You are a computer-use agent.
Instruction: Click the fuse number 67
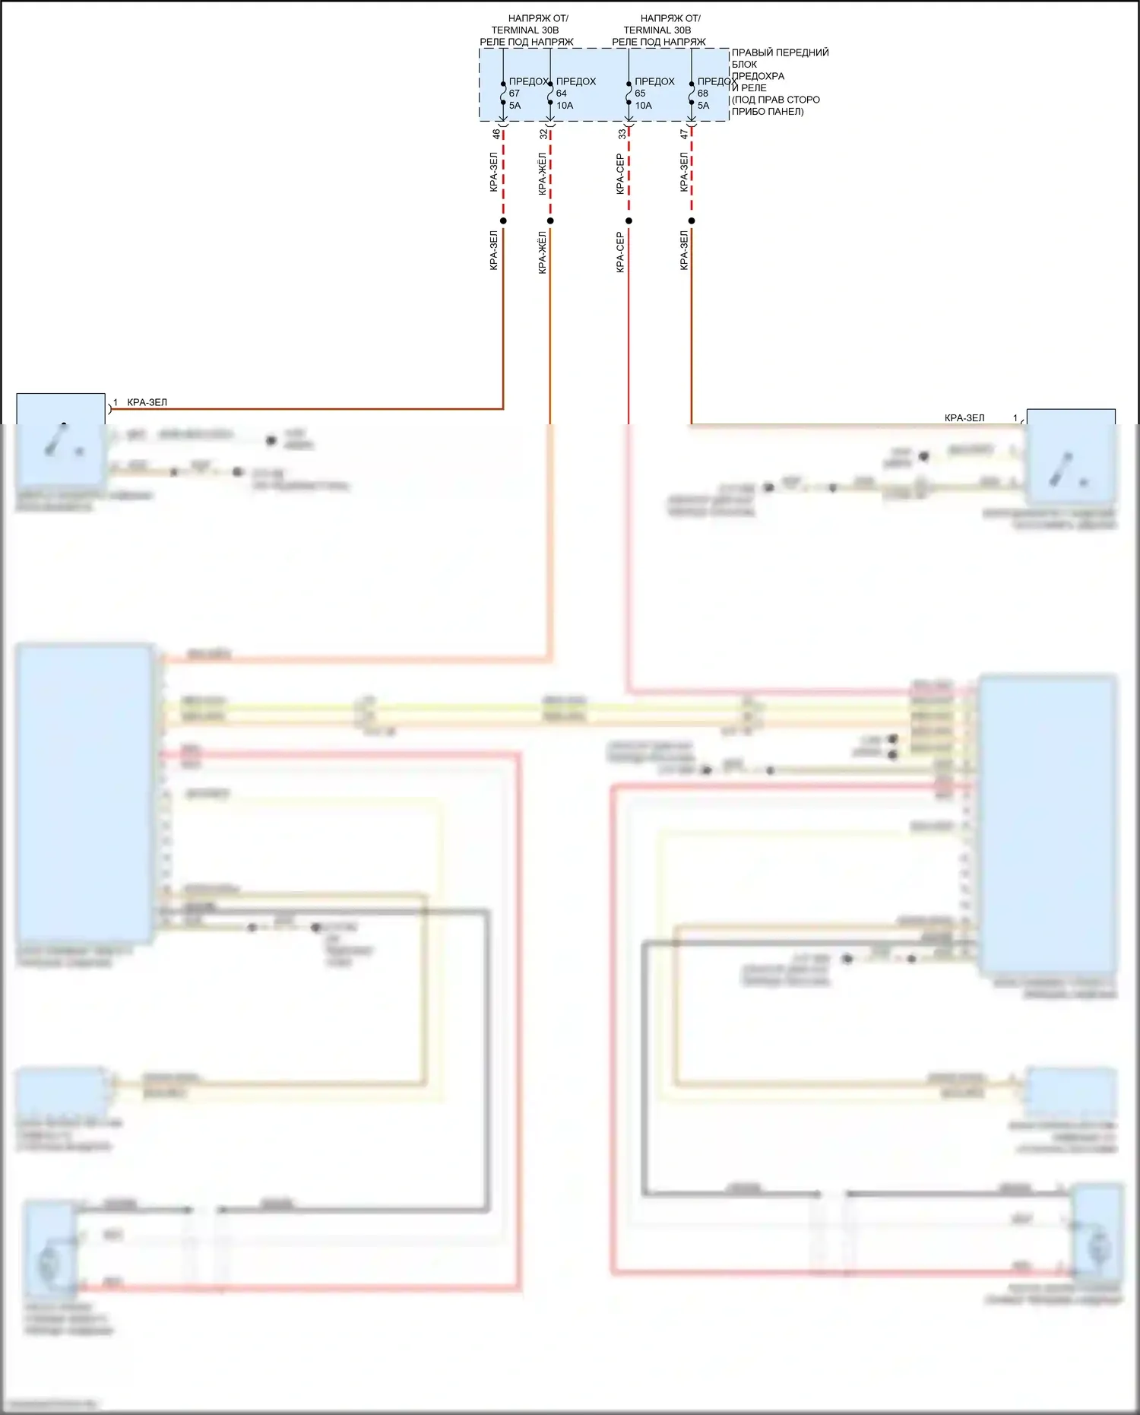click(515, 94)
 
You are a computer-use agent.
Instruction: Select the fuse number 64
click(562, 94)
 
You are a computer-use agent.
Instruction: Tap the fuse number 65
click(640, 94)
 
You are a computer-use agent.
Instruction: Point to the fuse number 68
click(703, 94)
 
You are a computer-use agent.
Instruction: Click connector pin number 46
click(496, 134)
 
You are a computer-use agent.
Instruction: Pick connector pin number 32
click(543, 134)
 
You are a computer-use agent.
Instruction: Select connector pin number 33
click(622, 134)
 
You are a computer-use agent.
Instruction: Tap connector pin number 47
click(684, 134)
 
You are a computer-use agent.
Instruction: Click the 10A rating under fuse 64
click(565, 106)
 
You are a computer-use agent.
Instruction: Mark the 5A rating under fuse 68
click(704, 106)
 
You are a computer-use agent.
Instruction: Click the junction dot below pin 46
click(503, 221)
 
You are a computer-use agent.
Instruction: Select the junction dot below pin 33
click(629, 221)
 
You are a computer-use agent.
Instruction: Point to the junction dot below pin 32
click(550, 221)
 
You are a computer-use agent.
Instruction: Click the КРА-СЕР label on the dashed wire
click(620, 173)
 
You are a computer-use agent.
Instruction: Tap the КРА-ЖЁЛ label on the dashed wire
click(542, 173)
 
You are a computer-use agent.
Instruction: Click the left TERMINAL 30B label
click(525, 30)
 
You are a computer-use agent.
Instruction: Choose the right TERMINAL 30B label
click(657, 30)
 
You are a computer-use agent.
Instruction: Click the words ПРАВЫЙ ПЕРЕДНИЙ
click(780, 52)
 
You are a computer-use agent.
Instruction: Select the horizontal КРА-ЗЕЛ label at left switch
click(147, 402)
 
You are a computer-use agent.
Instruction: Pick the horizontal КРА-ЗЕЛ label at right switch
click(964, 417)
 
